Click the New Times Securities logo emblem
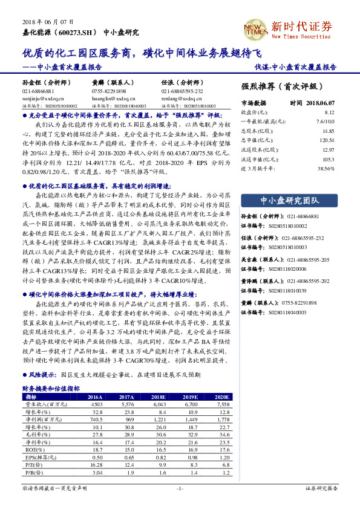(254, 27)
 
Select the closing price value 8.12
(329, 112)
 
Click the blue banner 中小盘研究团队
(289, 200)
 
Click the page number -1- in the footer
(180, 487)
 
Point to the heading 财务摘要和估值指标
(51, 389)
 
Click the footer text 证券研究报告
(320, 487)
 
